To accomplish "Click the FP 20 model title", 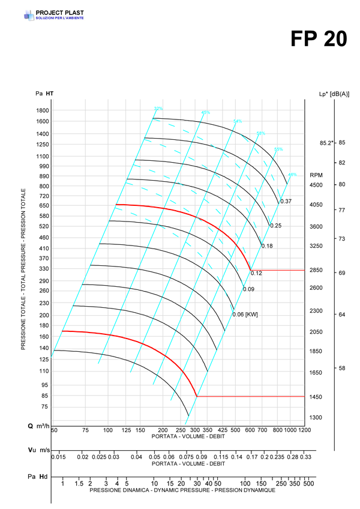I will [x=319, y=39].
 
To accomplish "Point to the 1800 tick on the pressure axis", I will [x=41, y=110].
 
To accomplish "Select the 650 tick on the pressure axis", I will [x=43, y=206].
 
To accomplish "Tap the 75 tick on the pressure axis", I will [x=45, y=406].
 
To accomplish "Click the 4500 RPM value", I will [x=316, y=185].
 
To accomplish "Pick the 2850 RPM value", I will [x=316, y=271].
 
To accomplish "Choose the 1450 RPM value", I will [x=316, y=397].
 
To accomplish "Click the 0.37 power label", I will [x=286, y=201].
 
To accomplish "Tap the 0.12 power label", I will [x=256, y=274].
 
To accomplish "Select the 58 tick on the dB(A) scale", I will [x=342, y=368].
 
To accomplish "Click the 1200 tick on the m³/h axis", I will [x=305, y=430].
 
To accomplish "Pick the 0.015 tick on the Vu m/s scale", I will [x=59, y=457].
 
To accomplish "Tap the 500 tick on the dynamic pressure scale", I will [x=308, y=483].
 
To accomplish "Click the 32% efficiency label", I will [x=158, y=109].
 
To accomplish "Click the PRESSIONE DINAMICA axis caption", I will [x=182, y=490].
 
